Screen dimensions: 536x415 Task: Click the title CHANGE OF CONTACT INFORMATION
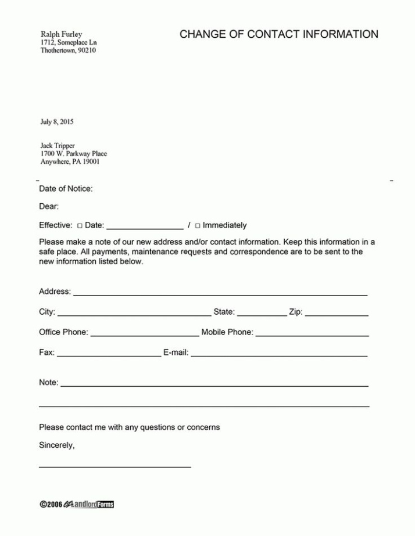[x=278, y=34]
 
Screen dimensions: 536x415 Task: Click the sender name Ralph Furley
[x=61, y=35]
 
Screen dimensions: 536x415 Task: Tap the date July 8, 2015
[x=57, y=122]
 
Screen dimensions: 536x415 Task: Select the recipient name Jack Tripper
[x=58, y=146]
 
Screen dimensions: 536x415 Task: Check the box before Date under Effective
[x=80, y=226]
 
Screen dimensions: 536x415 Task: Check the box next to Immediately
[x=198, y=226]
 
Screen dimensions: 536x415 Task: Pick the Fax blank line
[x=109, y=354]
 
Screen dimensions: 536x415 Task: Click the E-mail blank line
[x=279, y=354]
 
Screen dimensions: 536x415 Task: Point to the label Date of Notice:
[x=66, y=189]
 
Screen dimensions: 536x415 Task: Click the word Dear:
[x=49, y=207]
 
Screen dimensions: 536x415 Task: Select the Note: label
[x=49, y=383]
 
